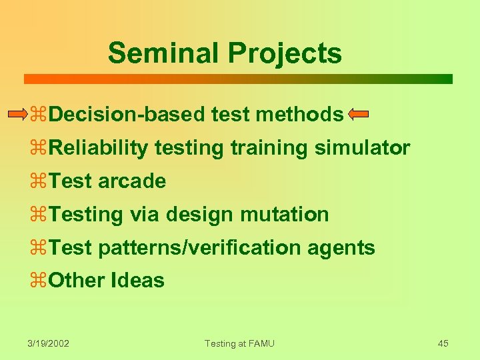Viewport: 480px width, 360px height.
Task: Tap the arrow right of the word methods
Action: coord(358,114)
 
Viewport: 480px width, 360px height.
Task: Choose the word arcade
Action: coord(132,181)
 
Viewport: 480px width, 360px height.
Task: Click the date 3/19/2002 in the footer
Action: coord(49,343)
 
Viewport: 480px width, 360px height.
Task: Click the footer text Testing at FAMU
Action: coord(239,343)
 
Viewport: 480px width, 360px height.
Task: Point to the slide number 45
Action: coord(443,343)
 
